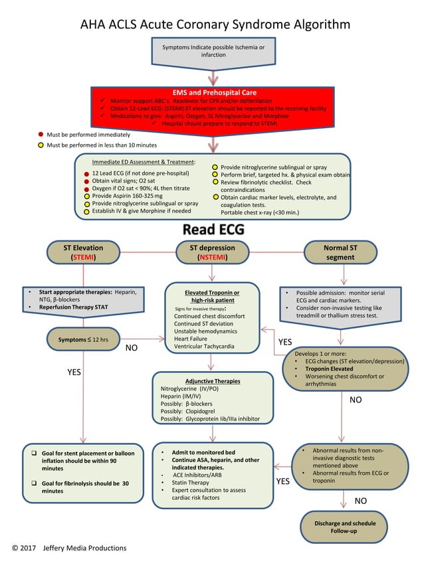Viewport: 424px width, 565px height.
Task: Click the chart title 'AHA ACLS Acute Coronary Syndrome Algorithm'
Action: tap(215, 25)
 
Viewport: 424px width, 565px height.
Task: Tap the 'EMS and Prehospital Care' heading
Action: tap(214, 92)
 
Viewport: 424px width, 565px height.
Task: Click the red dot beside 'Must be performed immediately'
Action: tap(41, 134)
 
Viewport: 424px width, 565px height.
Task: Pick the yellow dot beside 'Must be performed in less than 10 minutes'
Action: tap(41, 145)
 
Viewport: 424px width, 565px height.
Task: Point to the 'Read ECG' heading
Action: tap(213, 230)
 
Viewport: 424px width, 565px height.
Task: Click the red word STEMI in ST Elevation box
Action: tap(83, 258)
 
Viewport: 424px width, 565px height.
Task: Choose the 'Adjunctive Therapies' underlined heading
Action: tap(213, 381)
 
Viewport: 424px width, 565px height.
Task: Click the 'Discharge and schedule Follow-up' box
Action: tap(344, 527)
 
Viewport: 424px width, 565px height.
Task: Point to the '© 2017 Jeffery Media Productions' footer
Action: tap(69, 548)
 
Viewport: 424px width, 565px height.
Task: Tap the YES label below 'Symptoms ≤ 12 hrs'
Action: tap(74, 372)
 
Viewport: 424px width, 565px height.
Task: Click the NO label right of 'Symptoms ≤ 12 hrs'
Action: tap(132, 347)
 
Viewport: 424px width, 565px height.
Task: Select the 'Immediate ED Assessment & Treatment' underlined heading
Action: tap(144, 162)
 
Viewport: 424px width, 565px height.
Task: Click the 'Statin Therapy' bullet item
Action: tap(191, 483)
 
